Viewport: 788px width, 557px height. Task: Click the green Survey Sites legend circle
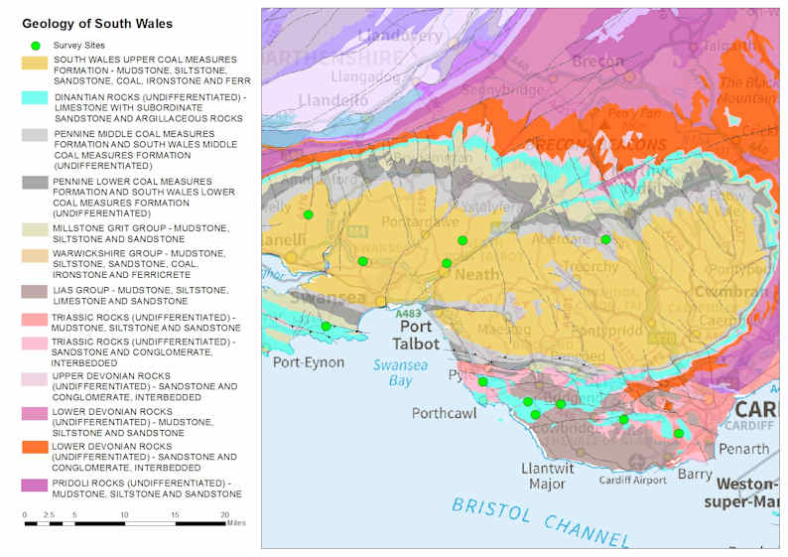click(x=36, y=46)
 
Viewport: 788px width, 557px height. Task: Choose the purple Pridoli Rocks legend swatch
click(x=36, y=485)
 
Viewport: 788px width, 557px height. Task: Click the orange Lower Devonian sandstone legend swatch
click(x=36, y=448)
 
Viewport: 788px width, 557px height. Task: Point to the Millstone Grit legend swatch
click(x=36, y=229)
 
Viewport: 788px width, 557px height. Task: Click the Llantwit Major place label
click(x=545, y=475)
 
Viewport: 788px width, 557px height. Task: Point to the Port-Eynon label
click(x=308, y=362)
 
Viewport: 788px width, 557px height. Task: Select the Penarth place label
click(x=743, y=449)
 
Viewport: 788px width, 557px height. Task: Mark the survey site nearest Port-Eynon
click(x=326, y=326)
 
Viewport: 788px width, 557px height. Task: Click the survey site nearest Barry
click(x=679, y=433)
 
